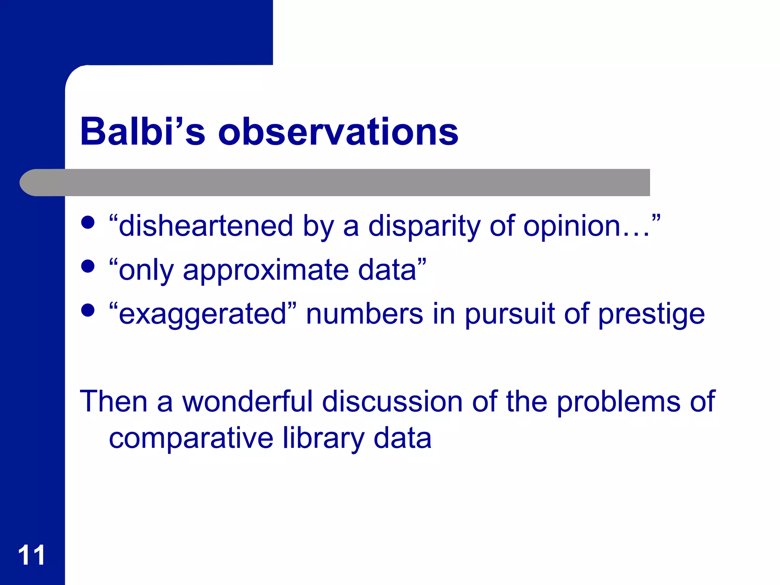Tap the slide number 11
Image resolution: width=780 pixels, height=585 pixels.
32,555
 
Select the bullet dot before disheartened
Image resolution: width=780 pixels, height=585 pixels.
88,222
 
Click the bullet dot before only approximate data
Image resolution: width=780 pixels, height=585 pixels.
88,266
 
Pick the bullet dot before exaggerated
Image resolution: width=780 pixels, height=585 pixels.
88,310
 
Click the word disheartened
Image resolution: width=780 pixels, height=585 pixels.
206,225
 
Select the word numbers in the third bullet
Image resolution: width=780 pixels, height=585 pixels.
364,314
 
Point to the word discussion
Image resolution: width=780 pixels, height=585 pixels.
392,401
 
